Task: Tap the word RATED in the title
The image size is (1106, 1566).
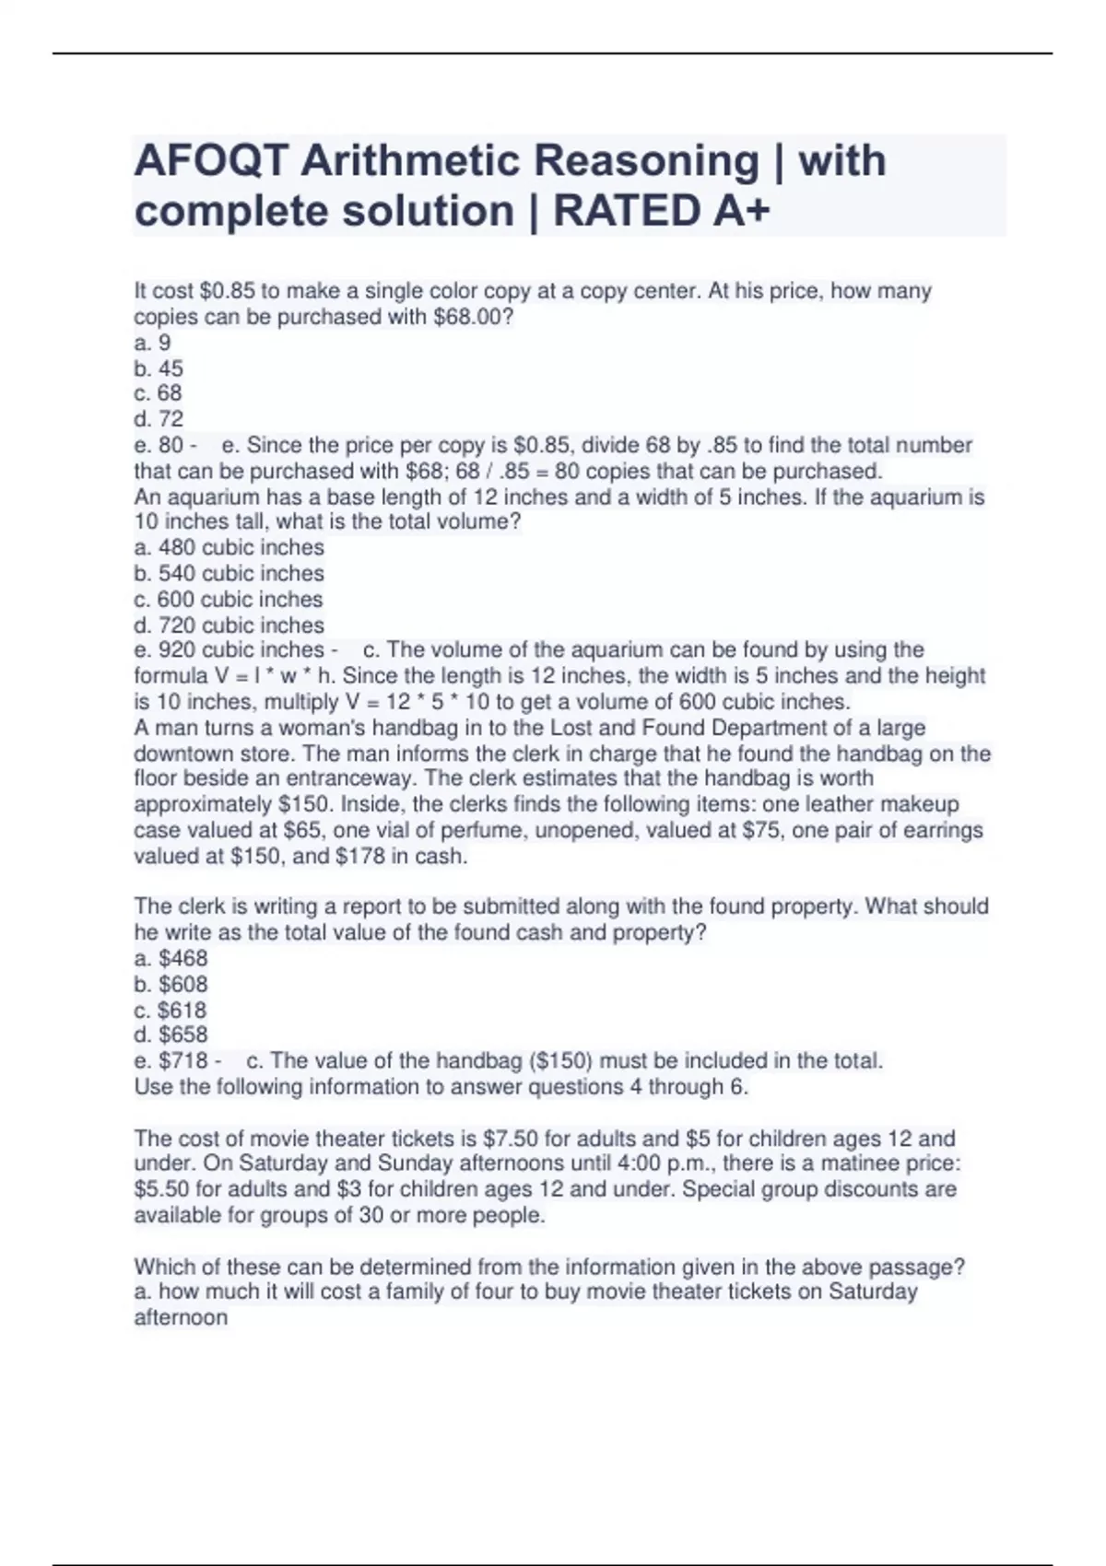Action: [625, 212]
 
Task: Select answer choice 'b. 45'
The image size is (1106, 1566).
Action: [159, 368]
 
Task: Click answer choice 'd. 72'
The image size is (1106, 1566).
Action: [159, 419]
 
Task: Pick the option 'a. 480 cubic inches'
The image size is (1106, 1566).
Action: [229, 547]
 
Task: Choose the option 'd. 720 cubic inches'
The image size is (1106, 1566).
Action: [229, 625]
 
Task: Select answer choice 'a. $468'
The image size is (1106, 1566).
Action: [171, 958]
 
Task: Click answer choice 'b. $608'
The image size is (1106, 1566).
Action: [171, 984]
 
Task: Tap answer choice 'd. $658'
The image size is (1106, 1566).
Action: [171, 1034]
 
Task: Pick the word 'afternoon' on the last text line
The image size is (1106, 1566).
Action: [181, 1317]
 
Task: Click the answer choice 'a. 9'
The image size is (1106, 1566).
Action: [152, 343]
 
